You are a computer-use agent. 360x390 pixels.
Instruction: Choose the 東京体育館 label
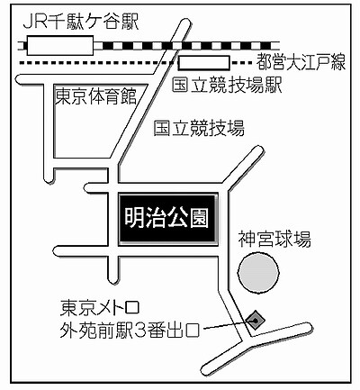coord(94,95)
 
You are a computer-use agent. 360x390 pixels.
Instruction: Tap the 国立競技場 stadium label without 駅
coord(198,129)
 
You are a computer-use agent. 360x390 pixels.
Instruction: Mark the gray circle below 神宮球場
coord(259,272)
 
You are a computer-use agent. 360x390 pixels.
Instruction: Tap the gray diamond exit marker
coord(256,319)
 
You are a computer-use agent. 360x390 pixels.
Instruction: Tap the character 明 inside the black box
coord(134,216)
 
